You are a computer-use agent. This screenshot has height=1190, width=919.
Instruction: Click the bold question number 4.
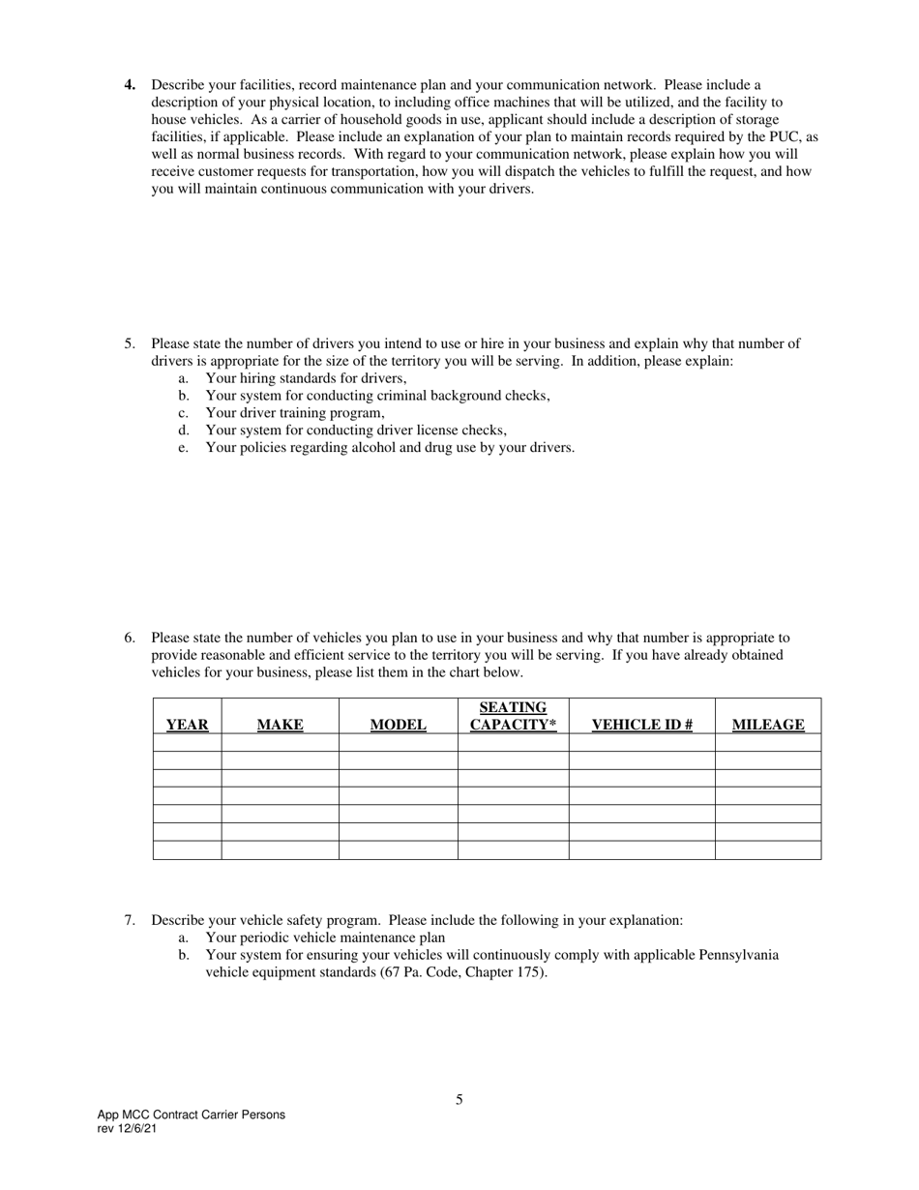(x=130, y=85)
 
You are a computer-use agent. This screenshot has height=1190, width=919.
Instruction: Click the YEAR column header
(x=187, y=725)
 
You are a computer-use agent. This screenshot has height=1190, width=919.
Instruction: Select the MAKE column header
(x=280, y=725)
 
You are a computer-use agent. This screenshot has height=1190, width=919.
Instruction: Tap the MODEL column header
(x=398, y=725)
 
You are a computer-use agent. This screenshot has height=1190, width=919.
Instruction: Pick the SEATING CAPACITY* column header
(x=513, y=716)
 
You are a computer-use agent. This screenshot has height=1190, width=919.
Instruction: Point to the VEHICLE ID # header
(x=641, y=725)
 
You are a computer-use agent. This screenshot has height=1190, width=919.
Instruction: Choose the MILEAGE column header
(x=768, y=725)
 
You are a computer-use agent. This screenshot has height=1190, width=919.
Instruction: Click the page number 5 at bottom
(x=459, y=1099)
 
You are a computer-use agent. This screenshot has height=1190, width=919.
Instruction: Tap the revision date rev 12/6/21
(x=127, y=1129)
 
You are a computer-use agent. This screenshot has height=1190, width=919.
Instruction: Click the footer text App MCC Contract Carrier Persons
(x=192, y=1115)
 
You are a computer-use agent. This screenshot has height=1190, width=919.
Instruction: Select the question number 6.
(x=130, y=638)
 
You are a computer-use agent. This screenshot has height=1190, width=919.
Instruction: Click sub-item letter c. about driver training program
(x=183, y=413)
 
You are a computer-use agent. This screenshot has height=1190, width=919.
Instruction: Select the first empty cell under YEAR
(x=187, y=742)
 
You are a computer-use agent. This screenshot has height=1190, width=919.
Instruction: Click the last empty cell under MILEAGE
(x=768, y=850)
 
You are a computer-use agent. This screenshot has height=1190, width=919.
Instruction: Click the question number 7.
(x=130, y=920)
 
